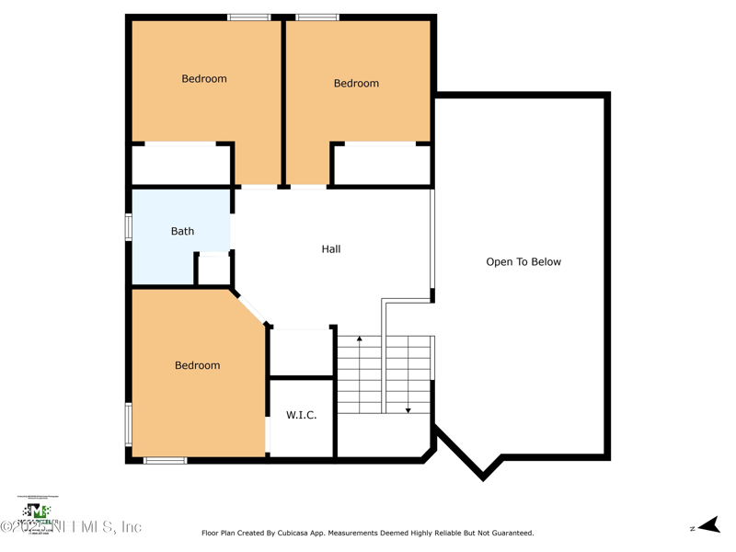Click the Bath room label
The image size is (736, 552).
click(x=182, y=231)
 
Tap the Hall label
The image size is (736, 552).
click(x=331, y=248)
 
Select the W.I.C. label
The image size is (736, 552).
click(x=301, y=415)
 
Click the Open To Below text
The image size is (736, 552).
click(x=523, y=261)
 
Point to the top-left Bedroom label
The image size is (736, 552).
click(x=203, y=78)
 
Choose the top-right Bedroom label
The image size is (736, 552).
click(x=356, y=83)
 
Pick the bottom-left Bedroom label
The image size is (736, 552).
click(x=197, y=365)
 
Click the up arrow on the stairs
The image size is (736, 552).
click(x=360, y=339)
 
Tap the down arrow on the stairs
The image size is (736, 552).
click(x=408, y=409)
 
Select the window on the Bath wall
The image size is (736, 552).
click(x=129, y=227)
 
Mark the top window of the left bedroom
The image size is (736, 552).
click(x=248, y=17)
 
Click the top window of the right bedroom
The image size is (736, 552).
click(x=317, y=17)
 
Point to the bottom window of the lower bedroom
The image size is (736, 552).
click(x=166, y=460)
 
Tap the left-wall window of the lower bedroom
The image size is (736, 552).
click(x=129, y=424)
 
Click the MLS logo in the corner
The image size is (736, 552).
click(x=37, y=512)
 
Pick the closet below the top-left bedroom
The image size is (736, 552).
click(x=180, y=166)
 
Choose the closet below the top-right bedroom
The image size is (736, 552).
click(x=381, y=166)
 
